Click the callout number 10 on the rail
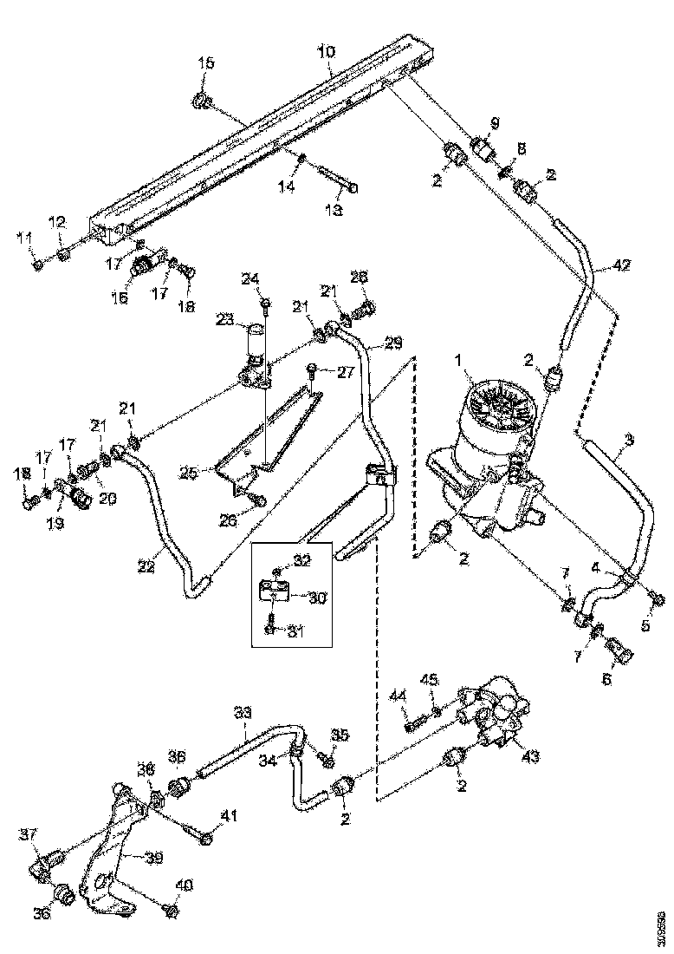325,53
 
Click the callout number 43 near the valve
531,756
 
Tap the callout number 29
393,344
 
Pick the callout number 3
629,440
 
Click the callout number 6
607,679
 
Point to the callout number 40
184,885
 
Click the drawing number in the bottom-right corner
662,927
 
